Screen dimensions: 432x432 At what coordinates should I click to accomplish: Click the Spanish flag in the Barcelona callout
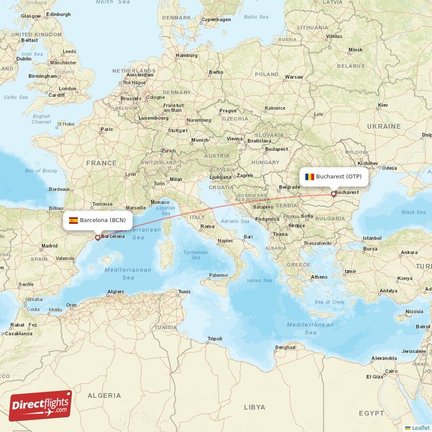(73, 220)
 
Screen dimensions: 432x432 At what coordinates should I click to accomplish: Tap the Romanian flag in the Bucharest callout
(309, 177)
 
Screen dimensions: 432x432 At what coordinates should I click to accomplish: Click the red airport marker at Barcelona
(97, 237)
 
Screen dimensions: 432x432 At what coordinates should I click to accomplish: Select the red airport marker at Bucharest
(333, 194)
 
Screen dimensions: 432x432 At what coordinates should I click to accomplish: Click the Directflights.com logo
(40, 406)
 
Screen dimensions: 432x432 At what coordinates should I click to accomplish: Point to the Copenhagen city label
(216, 20)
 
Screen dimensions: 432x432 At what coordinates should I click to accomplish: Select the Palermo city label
(218, 275)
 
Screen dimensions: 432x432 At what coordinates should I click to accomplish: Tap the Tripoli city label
(214, 339)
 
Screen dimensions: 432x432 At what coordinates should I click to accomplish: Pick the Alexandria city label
(384, 358)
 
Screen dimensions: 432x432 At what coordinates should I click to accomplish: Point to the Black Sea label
(413, 213)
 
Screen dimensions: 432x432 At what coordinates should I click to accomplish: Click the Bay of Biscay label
(41, 171)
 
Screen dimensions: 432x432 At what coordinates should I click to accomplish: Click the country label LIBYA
(254, 407)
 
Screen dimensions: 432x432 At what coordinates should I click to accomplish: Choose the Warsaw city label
(294, 77)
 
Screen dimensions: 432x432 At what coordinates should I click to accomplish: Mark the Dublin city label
(24, 59)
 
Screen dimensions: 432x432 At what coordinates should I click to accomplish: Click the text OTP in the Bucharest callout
(357, 177)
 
